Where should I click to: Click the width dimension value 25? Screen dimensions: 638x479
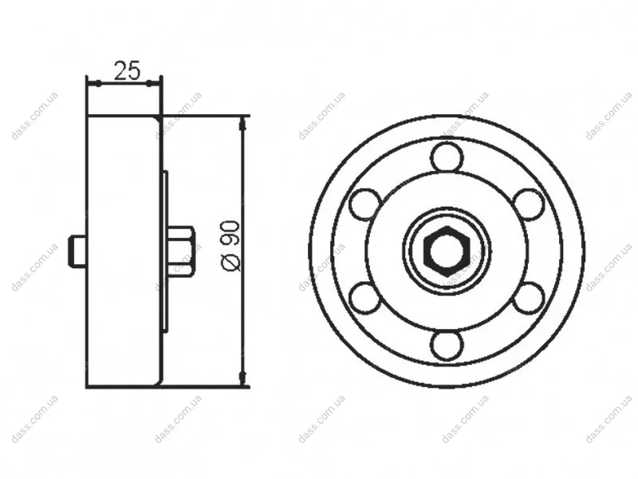pos(127,70)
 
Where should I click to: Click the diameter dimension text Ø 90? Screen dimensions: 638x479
pos(230,245)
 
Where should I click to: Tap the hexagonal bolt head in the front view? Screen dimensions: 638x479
pos(447,251)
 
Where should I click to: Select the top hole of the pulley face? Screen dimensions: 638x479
pos(447,156)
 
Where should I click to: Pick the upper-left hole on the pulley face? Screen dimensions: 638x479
pos(365,204)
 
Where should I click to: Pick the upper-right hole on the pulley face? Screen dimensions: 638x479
pos(529,204)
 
